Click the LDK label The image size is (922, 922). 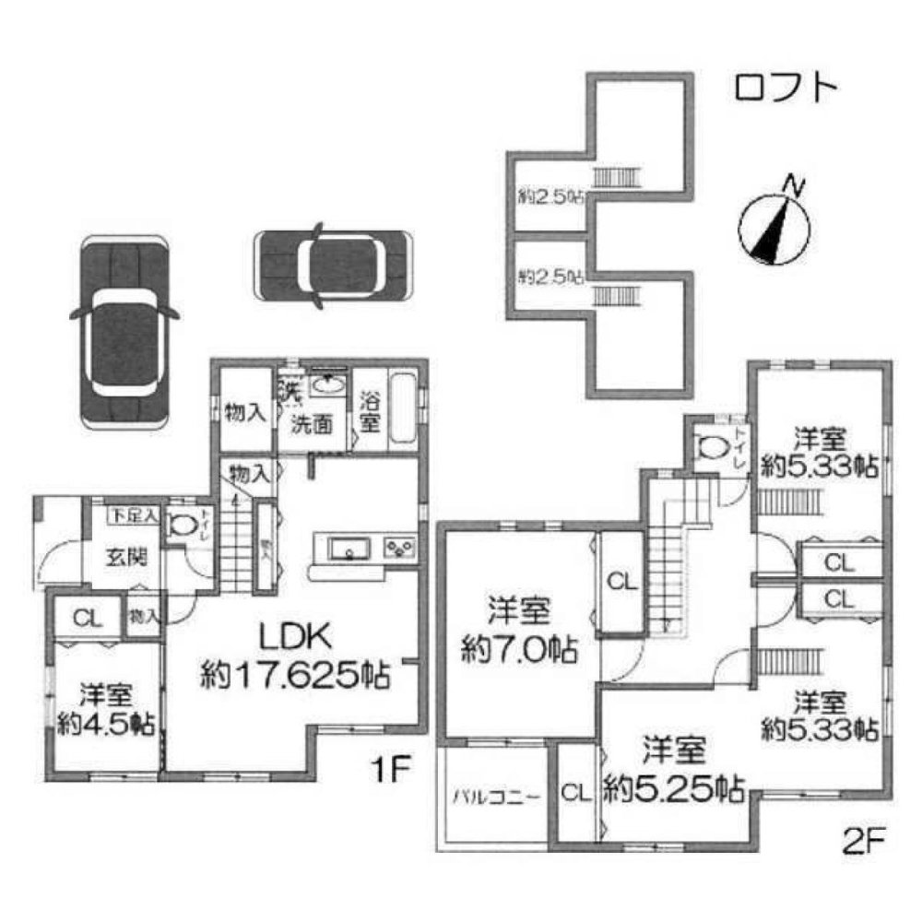[x=294, y=638]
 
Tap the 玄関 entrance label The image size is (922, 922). [x=121, y=557]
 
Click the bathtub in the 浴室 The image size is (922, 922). [x=403, y=408]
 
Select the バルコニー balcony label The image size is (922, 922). [x=489, y=795]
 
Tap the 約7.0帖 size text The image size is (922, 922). [x=519, y=651]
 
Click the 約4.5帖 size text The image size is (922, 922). [x=102, y=724]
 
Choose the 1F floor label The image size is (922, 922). [x=385, y=767]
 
